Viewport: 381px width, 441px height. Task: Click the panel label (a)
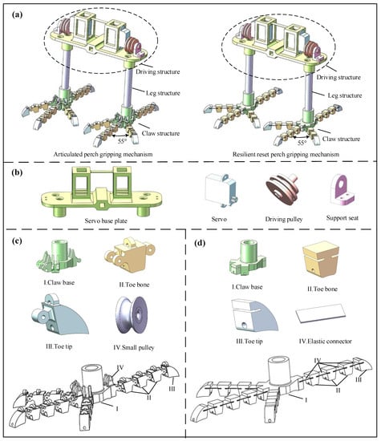[x=17, y=14]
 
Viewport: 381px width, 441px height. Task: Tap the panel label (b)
[x=17, y=172]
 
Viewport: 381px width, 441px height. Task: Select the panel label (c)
[x=17, y=241]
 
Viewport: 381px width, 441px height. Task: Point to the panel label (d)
[x=200, y=243]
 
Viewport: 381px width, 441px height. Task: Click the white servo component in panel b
[x=221, y=190]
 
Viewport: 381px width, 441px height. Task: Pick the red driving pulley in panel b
[x=282, y=189]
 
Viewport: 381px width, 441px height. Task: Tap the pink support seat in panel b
[x=342, y=190]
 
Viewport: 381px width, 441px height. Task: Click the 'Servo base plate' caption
[x=106, y=220]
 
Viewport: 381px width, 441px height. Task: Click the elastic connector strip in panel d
[x=321, y=313]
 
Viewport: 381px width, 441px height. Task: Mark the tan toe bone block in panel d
[x=321, y=259]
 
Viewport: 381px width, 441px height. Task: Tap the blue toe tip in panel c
[x=60, y=315]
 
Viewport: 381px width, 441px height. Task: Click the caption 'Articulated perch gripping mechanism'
[x=103, y=154]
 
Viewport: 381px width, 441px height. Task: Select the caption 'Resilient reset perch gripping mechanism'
[x=286, y=155]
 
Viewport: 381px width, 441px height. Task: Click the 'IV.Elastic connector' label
[x=326, y=342]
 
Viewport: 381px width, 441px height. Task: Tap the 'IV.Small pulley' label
[x=134, y=348]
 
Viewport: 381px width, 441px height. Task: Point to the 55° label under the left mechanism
[x=123, y=141]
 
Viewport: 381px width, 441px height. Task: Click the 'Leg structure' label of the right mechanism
[x=345, y=95]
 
